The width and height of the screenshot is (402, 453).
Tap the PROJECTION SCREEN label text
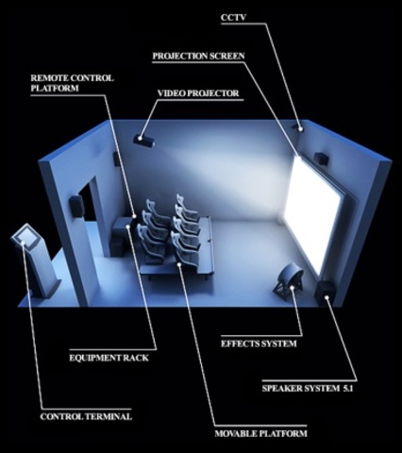(198, 56)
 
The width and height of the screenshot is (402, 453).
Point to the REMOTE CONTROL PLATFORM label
(72, 83)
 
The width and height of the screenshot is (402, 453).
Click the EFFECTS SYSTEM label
(259, 344)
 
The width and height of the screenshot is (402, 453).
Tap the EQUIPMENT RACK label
(109, 358)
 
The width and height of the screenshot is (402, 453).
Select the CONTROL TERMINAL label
(85, 415)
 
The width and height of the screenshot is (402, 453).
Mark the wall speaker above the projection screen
(323, 159)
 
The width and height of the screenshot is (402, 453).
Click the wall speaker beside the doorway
(75, 204)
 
